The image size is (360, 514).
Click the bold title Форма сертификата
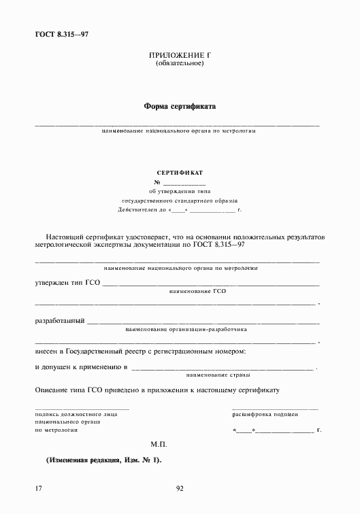[180, 106]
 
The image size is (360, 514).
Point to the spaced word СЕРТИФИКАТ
[180, 173]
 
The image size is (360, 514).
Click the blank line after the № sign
[184, 184]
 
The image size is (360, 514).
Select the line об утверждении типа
[180, 192]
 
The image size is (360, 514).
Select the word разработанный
[59, 320]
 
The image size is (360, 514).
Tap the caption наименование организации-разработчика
[186, 329]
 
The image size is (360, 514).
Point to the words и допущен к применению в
[81, 366]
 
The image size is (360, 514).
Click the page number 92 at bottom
[180, 488]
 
